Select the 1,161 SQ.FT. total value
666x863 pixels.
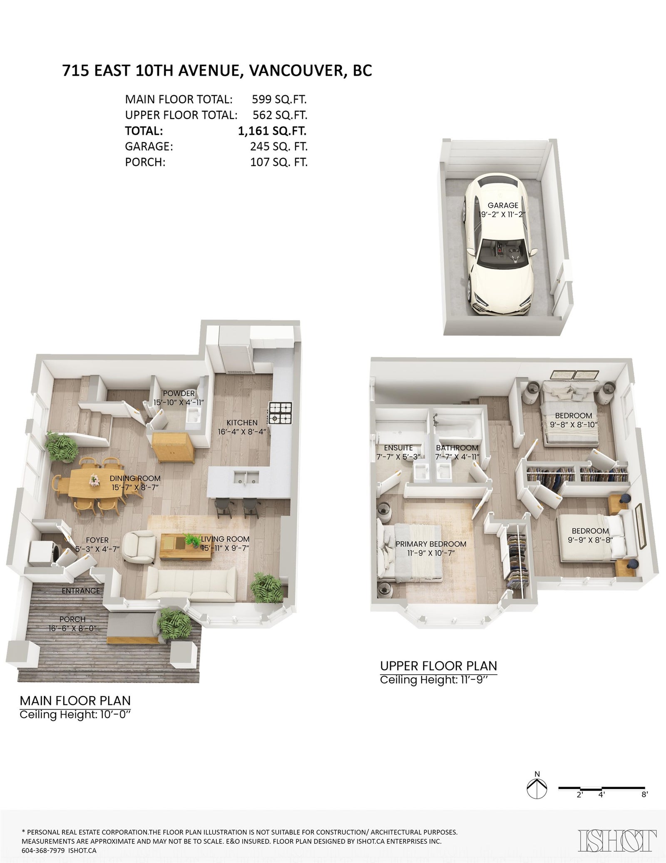272,131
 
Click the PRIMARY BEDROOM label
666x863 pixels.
431,544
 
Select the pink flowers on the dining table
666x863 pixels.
95,480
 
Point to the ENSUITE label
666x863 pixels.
398,448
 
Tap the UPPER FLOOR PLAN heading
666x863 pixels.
438,666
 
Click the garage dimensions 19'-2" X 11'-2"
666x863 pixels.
503,215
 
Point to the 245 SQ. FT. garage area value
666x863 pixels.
279,147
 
